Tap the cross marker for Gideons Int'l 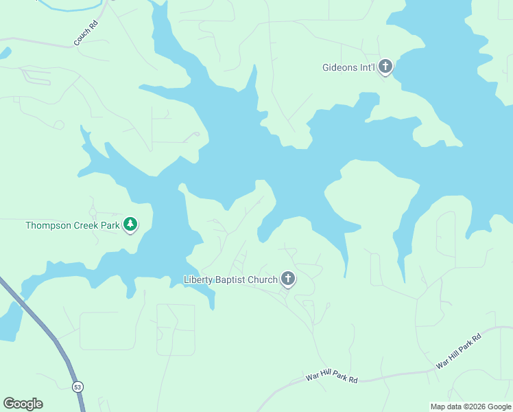coord(385,67)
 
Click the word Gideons coord(341,67)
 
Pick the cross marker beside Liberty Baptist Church coord(288,279)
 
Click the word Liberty coord(199,279)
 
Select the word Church coord(263,279)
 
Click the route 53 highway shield coord(77,386)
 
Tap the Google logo coord(23,404)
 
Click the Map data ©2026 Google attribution coord(470,407)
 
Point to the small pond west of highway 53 coord(10,321)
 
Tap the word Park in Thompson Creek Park coord(110,225)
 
